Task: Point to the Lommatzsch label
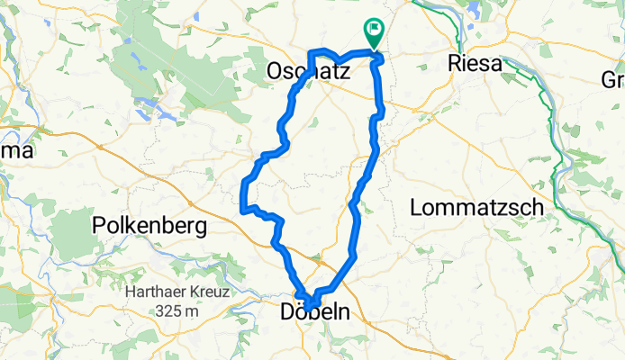476,208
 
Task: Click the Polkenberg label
150,226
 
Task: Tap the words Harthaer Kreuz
178,293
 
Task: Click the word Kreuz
212,293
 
